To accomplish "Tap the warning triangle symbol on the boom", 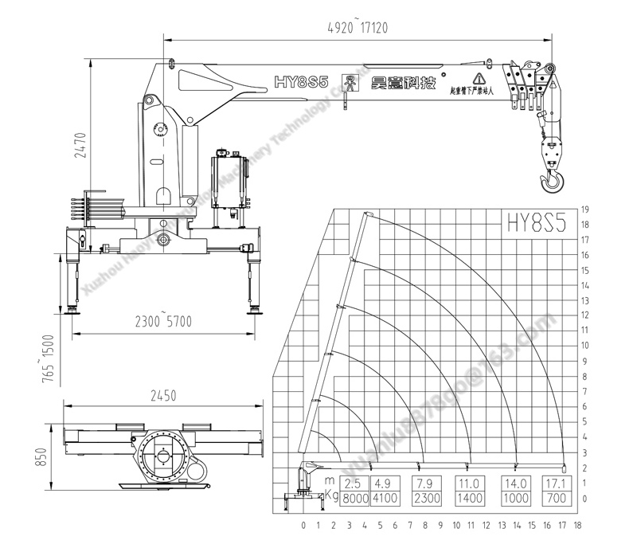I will tap(479, 78).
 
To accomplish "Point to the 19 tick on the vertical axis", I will tap(584, 209).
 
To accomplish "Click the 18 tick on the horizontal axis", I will tap(576, 526).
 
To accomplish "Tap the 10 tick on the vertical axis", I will tap(584, 346).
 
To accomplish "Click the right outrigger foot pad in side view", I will tap(254, 311).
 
